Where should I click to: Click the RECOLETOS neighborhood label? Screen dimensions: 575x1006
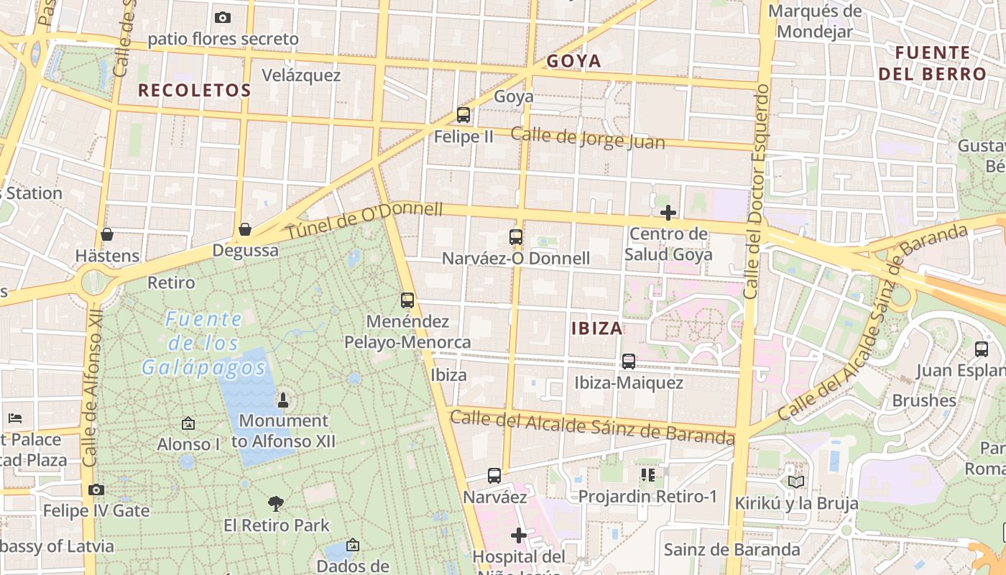(194, 91)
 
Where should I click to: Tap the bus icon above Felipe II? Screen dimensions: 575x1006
(463, 115)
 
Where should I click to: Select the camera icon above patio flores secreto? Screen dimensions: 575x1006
(223, 17)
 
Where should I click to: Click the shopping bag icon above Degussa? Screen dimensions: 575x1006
(245, 229)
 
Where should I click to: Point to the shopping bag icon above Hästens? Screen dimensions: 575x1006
(107, 234)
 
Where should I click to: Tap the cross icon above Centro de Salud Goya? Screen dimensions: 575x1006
(668, 213)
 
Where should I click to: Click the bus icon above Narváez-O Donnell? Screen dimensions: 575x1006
(516, 237)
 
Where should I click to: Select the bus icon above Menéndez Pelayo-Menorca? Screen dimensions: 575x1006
(407, 300)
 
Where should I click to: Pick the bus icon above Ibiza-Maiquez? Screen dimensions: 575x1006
(629, 362)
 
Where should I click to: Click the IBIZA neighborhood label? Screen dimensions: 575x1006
(597, 329)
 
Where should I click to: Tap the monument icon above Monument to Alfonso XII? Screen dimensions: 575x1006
(283, 400)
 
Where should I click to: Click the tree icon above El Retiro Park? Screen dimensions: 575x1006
(276, 504)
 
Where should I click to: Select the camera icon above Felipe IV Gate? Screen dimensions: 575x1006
(96, 490)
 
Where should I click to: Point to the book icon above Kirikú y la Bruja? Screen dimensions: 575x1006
(796, 482)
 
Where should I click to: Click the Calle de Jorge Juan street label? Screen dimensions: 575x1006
(588, 138)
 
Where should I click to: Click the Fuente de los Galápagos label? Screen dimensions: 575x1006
(204, 344)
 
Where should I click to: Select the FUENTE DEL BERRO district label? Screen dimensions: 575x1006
(933, 63)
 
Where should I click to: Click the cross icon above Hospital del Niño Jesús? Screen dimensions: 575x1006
(519, 535)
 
